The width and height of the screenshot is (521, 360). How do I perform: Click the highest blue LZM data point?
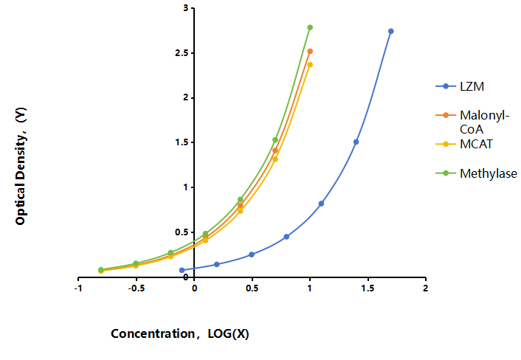point(391,31)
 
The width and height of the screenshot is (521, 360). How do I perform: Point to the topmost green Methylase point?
point(310,27)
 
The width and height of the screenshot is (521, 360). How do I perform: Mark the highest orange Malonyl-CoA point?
point(310,52)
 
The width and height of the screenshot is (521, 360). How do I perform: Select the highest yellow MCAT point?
point(310,65)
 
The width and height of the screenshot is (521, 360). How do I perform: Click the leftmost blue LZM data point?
point(182,270)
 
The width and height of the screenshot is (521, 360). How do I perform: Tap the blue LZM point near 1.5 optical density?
point(356,142)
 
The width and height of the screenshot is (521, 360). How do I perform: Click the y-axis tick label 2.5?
point(182,53)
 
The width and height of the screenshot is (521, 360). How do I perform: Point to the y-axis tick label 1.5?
point(182,142)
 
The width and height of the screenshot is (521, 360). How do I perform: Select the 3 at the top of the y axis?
point(186,8)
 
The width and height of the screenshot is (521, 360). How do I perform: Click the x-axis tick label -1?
point(78,288)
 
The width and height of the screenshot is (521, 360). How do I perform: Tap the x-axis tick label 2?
point(426,288)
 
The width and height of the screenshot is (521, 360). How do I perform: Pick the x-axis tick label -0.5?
point(137,288)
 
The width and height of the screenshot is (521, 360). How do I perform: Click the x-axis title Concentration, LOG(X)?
point(180,333)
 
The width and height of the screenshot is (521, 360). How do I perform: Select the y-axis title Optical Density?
point(21,166)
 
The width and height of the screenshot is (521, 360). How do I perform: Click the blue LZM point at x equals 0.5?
point(252,255)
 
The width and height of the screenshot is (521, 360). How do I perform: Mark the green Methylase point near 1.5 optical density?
point(275,140)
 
